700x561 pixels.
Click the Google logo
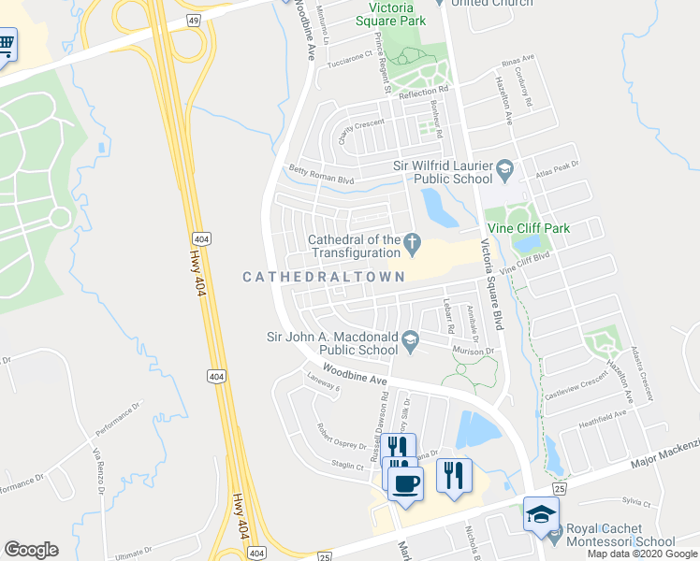(x=31, y=550)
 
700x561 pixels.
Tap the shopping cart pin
(x=6, y=44)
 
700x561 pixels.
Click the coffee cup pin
(x=404, y=483)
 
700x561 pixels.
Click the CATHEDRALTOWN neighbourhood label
(x=325, y=277)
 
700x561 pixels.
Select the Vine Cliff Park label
(x=528, y=228)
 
